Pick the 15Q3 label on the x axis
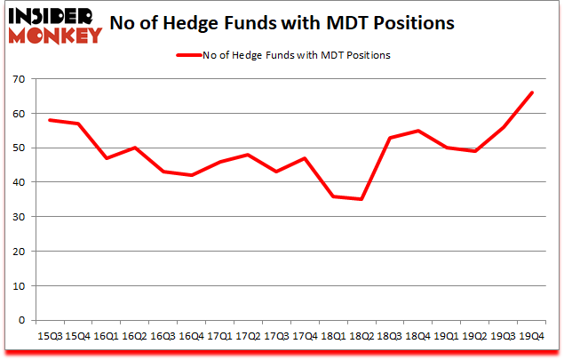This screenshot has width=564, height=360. [50, 337]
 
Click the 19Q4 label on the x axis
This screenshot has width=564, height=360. [532, 337]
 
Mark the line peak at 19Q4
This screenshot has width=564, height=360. [532, 92]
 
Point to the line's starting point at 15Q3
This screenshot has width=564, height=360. [50, 120]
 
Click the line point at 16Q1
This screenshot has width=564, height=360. [107, 158]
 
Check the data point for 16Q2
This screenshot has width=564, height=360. [135, 148]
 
